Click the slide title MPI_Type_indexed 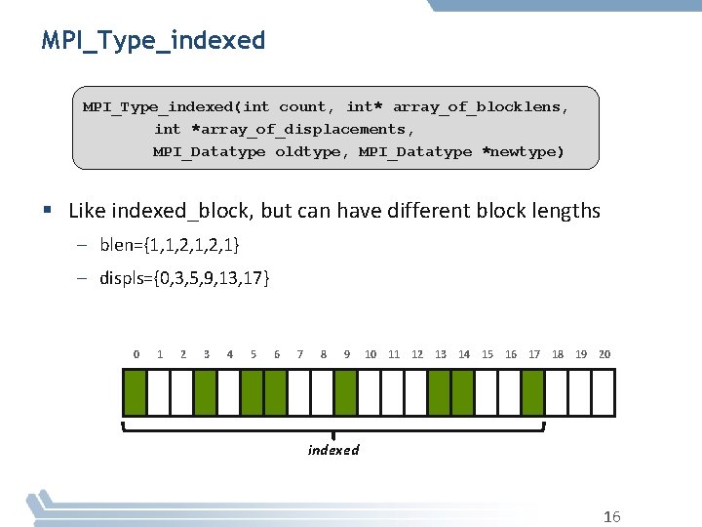(x=153, y=40)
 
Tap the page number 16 (x=612, y=517)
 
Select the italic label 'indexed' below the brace (x=333, y=450)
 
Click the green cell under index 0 (x=135, y=392)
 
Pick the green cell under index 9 (x=346, y=392)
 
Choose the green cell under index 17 (x=533, y=392)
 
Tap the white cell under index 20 (x=604, y=392)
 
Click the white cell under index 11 (x=393, y=392)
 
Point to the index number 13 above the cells (x=441, y=354)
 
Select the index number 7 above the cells (x=299, y=354)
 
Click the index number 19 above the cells (x=581, y=354)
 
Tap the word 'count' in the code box (x=303, y=105)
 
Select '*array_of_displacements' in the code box (x=303, y=129)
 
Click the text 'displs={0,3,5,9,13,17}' (x=185, y=279)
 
